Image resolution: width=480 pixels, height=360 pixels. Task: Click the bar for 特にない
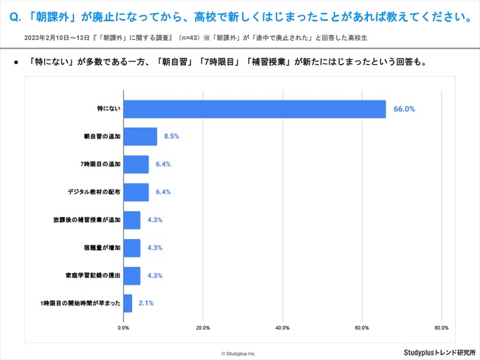pyautogui.click(x=255, y=108)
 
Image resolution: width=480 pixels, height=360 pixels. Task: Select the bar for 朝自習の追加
pyautogui.click(x=140, y=136)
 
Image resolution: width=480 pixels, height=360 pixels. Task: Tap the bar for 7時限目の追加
pyautogui.click(x=136, y=165)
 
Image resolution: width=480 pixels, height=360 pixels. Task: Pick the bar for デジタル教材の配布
pyautogui.click(x=136, y=193)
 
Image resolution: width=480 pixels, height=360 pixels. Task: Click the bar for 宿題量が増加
pyautogui.click(x=132, y=248)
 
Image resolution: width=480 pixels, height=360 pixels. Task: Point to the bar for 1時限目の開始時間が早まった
pyautogui.click(x=128, y=303)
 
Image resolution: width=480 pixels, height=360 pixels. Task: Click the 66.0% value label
pyautogui.click(x=404, y=108)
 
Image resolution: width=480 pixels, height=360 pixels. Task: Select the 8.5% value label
pyautogui.click(x=172, y=136)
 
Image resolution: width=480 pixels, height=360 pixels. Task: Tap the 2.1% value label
pyautogui.click(x=146, y=303)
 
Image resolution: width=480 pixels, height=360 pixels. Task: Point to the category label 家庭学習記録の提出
pyautogui.click(x=92, y=275)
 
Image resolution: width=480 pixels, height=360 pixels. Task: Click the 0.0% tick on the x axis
pyautogui.click(x=124, y=327)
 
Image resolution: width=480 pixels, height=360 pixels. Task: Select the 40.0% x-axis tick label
pyautogui.click(x=282, y=327)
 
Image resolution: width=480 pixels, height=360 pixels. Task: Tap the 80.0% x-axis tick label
pyautogui.click(x=441, y=327)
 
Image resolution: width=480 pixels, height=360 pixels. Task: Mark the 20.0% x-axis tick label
pyautogui.click(x=203, y=327)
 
